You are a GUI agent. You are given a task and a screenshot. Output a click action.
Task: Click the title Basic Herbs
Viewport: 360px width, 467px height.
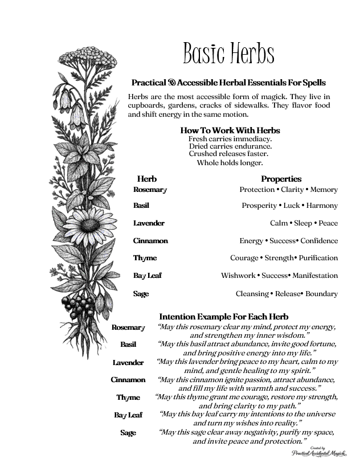(x=228, y=54)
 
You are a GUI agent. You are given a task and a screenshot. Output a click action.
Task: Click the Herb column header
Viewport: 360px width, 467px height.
(x=146, y=179)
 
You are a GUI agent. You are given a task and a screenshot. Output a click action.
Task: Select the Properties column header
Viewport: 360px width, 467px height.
(x=281, y=179)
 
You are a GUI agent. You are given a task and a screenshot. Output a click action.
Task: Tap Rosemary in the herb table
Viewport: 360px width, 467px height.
(x=150, y=190)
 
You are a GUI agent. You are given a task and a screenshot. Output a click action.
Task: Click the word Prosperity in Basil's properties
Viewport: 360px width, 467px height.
(x=259, y=206)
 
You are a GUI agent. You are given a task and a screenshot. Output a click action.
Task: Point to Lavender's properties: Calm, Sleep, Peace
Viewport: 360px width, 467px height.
(x=304, y=223)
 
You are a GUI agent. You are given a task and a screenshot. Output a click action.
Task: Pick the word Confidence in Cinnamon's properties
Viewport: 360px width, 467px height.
(x=319, y=241)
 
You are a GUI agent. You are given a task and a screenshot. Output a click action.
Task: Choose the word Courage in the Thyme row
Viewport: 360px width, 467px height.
(x=244, y=258)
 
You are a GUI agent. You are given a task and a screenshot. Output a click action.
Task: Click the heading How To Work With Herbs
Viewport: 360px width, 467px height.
(x=230, y=130)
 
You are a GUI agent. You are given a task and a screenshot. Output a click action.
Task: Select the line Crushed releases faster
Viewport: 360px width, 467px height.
(x=228, y=154)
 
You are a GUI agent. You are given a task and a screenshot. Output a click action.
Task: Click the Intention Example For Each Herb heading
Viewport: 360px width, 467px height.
(x=224, y=316)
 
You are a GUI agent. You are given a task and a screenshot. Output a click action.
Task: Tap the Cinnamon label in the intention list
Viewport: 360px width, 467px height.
(x=128, y=380)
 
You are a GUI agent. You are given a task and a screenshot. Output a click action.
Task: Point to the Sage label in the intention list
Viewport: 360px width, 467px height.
(x=128, y=433)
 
